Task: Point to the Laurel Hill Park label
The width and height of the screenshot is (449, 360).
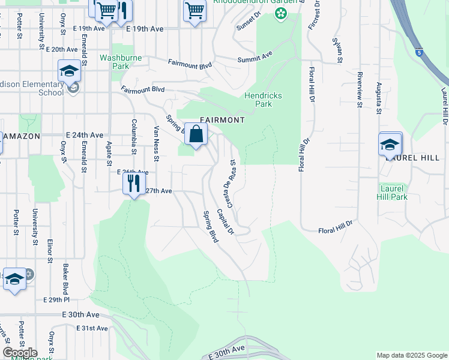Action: [x=393, y=193]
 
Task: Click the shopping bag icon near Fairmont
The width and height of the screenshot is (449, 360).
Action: [x=196, y=135]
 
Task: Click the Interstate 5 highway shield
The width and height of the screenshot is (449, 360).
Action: [x=420, y=53]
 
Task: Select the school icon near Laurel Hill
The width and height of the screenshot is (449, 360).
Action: [x=390, y=144]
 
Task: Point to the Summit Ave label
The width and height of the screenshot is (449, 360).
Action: [x=255, y=55]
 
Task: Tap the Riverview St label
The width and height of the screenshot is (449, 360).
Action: [x=360, y=91]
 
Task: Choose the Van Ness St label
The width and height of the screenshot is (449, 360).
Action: [x=156, y=143]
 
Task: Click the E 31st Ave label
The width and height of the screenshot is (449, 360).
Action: [x=92, y=328]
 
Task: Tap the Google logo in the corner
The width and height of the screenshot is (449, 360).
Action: [x=20, y=353]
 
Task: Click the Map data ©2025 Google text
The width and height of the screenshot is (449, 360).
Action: [x=411, y=355]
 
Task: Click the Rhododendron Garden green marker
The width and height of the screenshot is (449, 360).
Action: [x=280, y=13]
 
